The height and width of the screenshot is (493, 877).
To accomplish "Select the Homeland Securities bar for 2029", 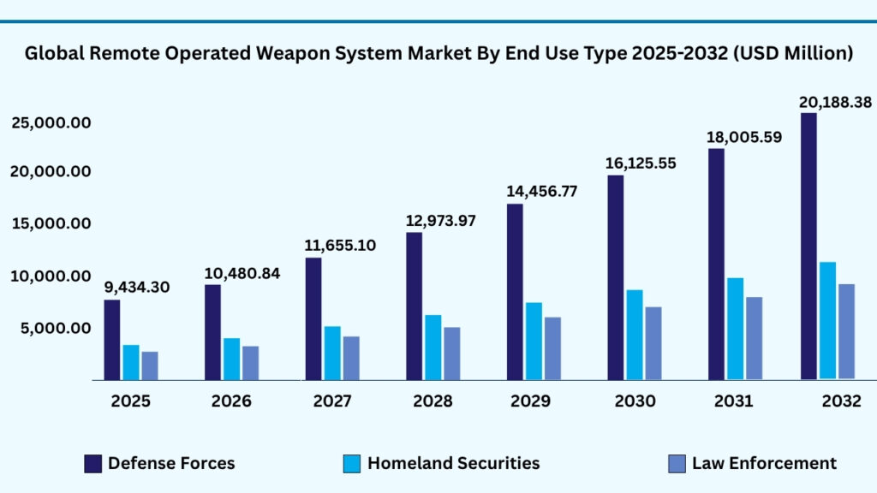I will click(534, 341).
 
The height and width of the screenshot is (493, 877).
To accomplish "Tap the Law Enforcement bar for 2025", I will click(150, 365).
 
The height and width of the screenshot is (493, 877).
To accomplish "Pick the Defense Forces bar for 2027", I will click(313, 318).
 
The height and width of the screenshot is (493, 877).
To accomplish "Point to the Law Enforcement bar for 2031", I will click(754, 338).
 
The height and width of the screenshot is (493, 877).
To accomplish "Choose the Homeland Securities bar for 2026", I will click(231, 359).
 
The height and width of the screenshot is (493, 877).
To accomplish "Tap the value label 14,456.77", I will click(541, 192).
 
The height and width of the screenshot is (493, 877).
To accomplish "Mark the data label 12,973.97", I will click(440, 222).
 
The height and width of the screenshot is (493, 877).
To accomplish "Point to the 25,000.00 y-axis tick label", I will click(51, 123).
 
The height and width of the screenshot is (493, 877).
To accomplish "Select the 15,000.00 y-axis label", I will click(51, 224).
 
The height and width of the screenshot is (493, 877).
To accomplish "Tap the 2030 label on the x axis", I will click(635, 401).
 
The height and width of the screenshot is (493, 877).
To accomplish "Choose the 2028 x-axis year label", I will click(433, 401).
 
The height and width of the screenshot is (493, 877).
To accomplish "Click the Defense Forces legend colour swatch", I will click(93, 464).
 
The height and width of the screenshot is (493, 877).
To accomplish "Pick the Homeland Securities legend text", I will click(454, 463).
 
